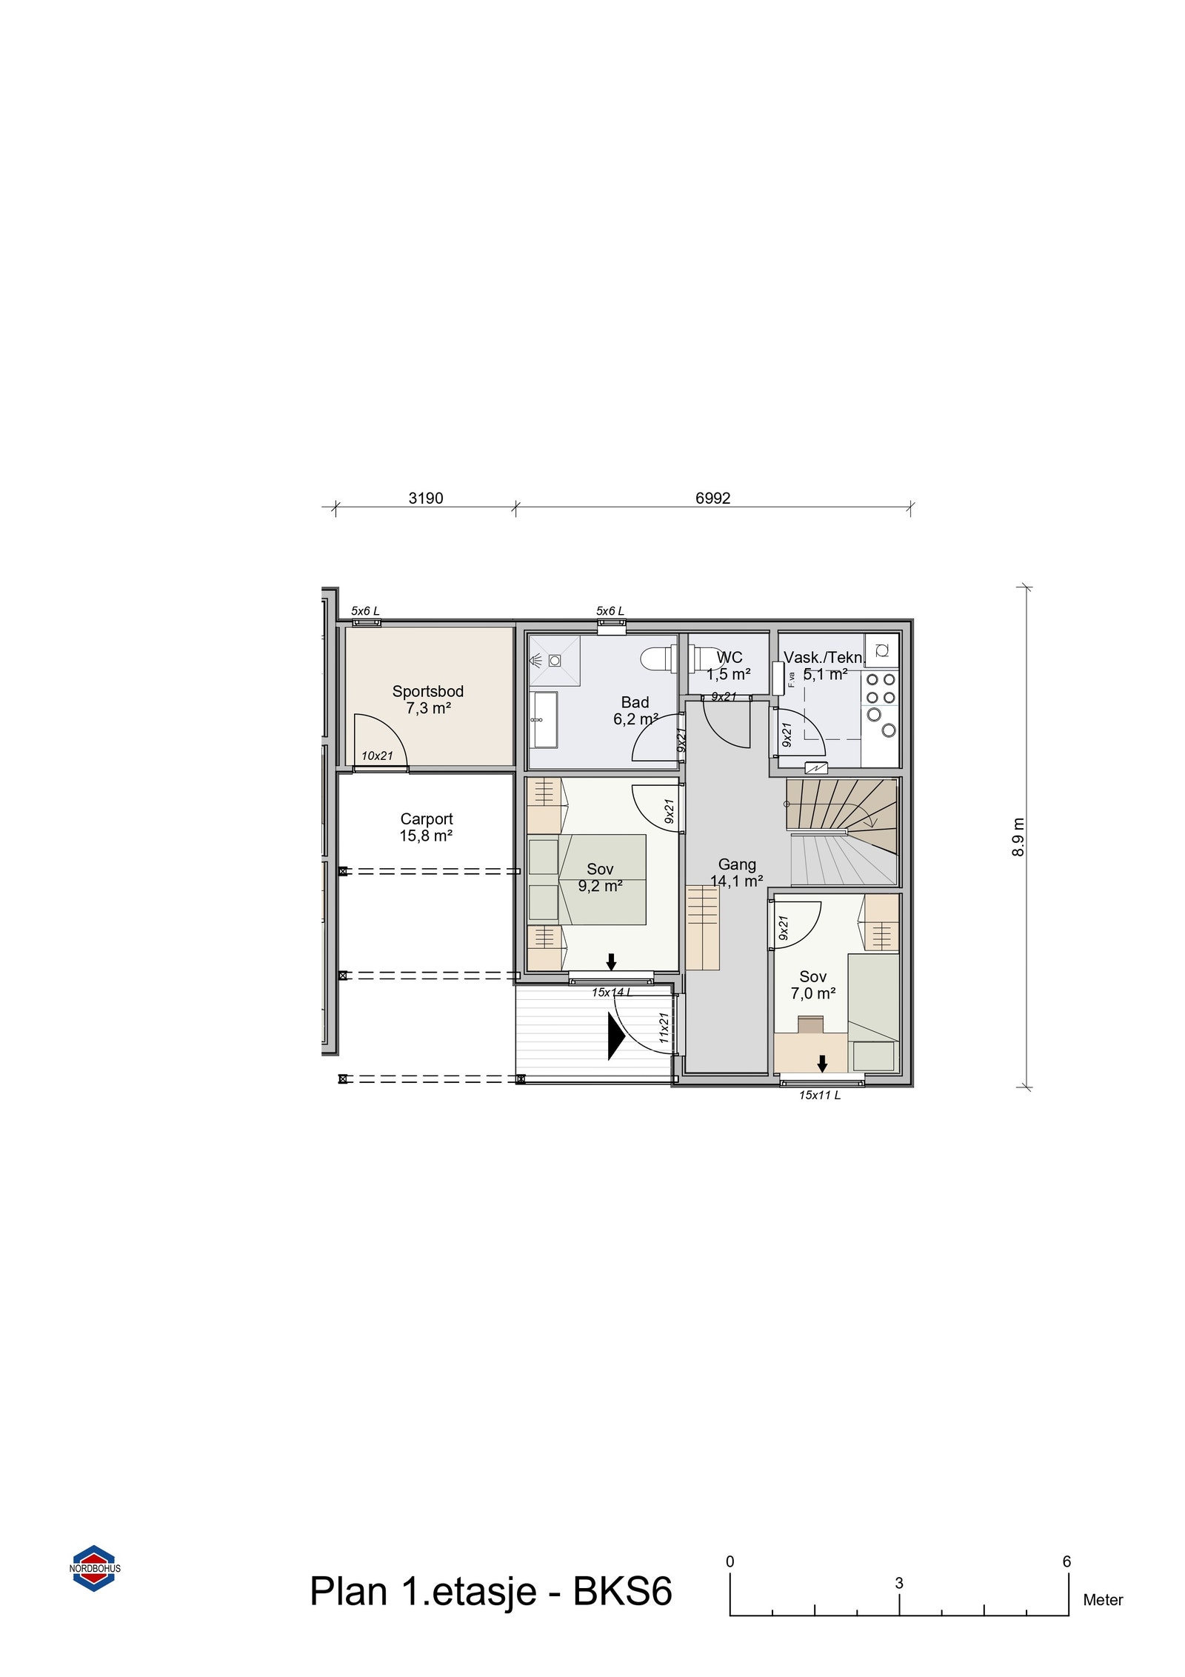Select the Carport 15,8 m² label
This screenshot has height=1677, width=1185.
[426, 827]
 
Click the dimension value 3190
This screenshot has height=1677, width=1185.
[426, 499]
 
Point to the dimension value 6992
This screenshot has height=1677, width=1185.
[712, 499]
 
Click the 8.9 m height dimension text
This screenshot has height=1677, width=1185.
[1018, 837]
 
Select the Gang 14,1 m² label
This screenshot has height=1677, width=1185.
[737, 873]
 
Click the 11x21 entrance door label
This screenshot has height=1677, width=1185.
[664, 1027]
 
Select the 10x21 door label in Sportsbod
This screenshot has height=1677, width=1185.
[377, 756]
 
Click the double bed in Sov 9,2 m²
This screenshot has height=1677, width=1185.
[601, 879]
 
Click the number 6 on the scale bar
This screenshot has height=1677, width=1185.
[1066, 1561]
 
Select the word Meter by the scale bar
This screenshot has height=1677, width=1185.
[1103, 1600]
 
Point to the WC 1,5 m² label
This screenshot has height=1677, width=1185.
[729, 666]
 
